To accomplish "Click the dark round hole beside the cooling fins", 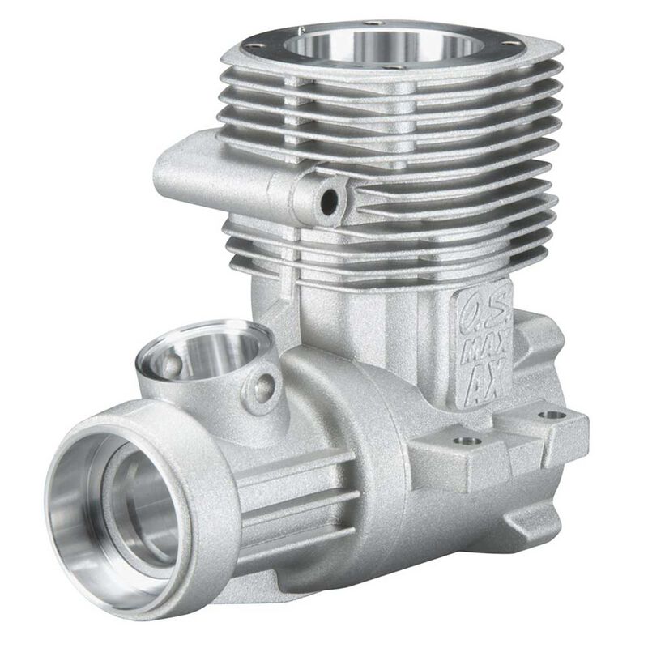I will click(x=329, y=202).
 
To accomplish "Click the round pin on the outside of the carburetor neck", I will click(x=263, y=388).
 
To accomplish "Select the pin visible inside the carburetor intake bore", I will click(x=173, y=365).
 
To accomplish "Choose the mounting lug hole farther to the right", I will click(x=552, y=415).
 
